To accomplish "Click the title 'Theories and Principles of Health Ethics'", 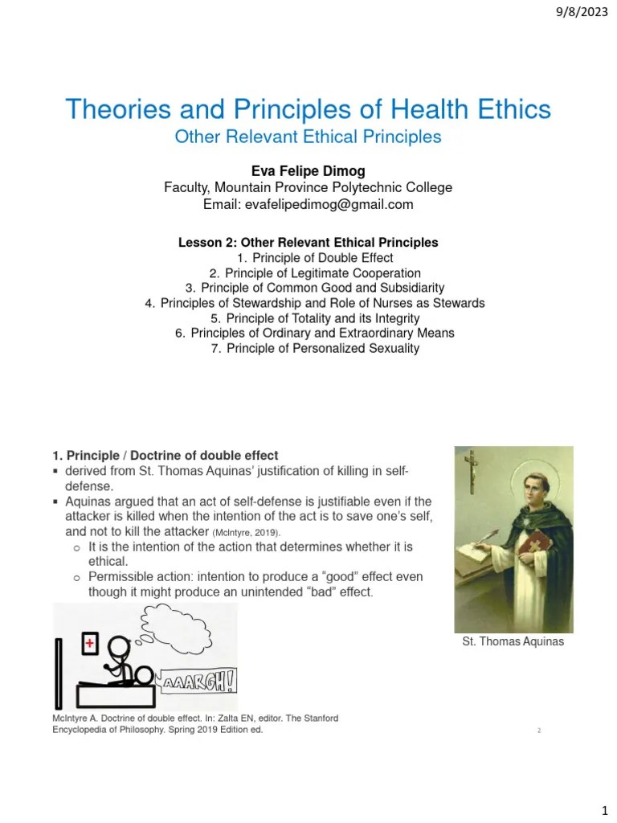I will coord(308,109).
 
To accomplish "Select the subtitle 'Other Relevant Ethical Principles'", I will coord(308,137).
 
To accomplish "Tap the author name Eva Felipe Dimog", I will coord(308,170).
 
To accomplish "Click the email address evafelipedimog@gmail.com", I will coord(308,204).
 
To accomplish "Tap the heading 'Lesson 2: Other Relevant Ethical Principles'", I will coord(308,242).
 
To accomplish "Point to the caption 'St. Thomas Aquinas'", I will coord(513,642).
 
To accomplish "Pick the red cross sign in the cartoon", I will coord(90,642).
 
